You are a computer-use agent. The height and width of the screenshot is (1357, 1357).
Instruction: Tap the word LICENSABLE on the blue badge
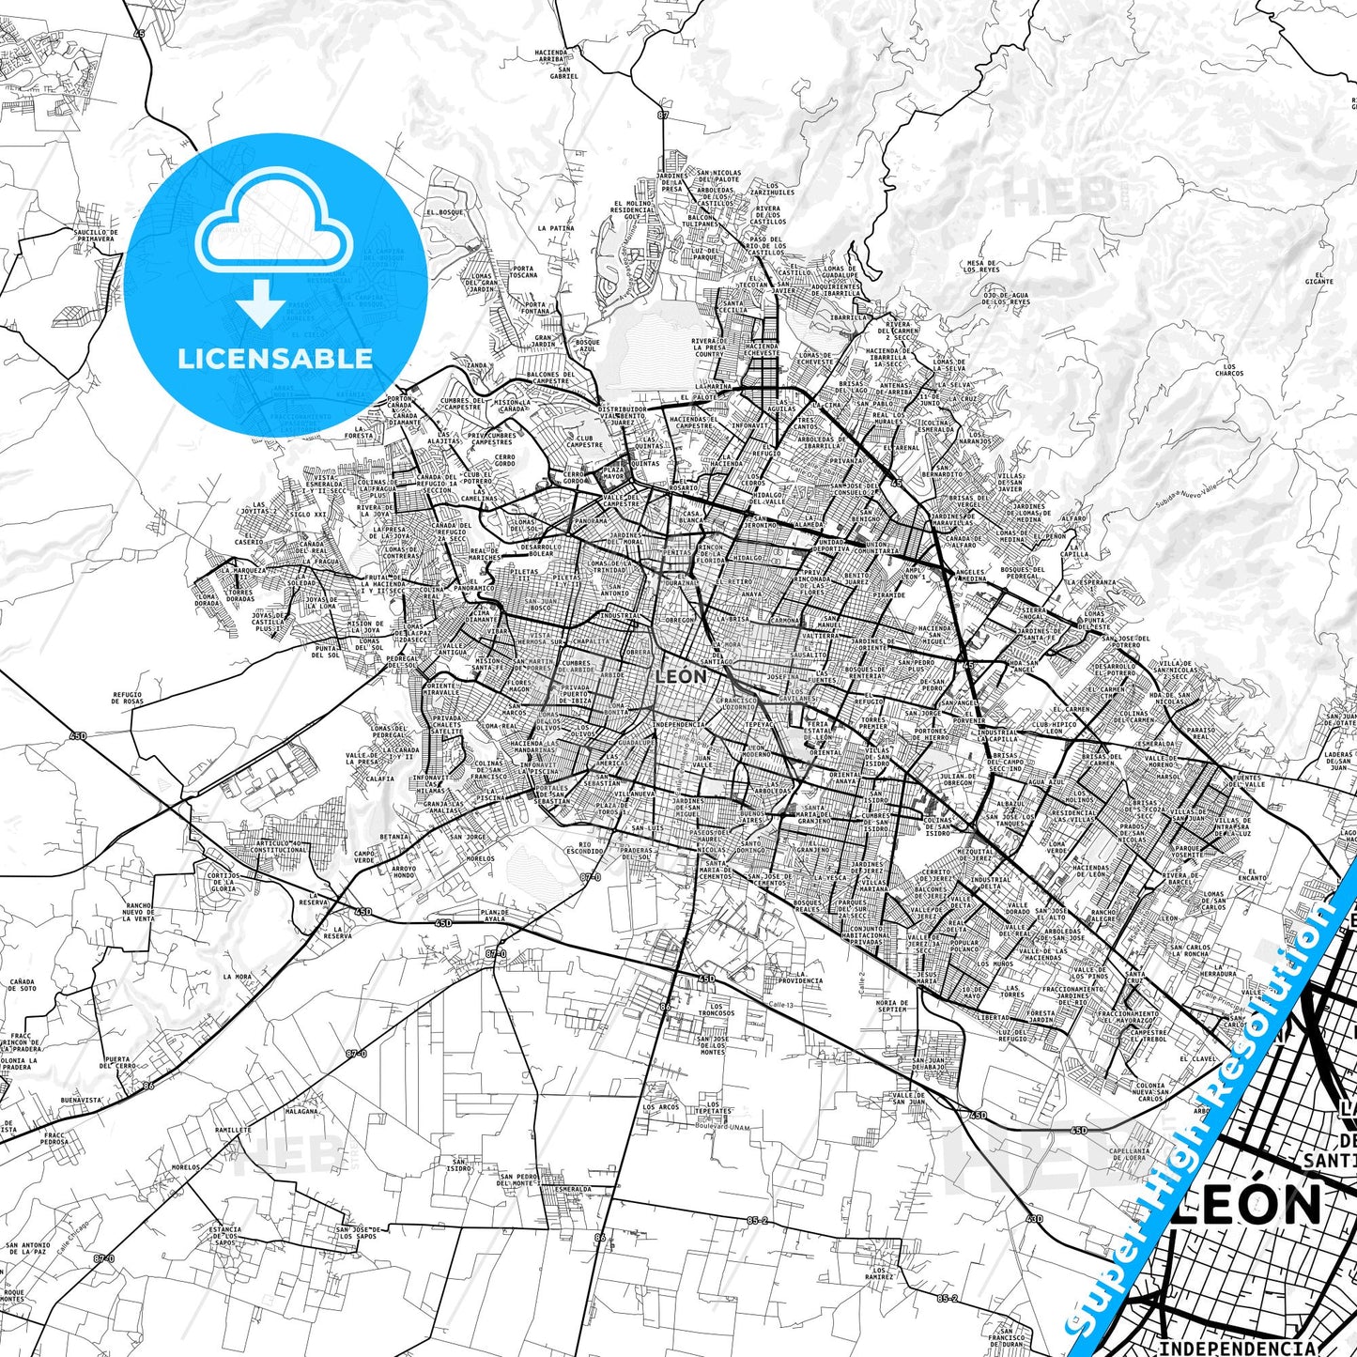point(275,358)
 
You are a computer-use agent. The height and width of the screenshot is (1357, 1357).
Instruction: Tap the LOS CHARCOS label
point(1229,370)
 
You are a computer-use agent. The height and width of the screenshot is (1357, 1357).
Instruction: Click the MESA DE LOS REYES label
point(979,266)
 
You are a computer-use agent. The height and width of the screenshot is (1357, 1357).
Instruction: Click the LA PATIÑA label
point(555,228)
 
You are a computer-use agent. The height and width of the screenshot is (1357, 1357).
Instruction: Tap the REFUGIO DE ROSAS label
point(128,698)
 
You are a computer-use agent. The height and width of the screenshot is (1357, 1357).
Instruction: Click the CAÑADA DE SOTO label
point(23,985)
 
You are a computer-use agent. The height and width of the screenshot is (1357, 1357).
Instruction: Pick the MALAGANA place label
point(301,1110)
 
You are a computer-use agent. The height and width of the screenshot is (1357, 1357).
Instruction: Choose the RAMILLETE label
point(233,1130)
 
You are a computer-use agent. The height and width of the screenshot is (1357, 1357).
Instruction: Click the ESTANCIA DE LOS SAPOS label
point(225,1235)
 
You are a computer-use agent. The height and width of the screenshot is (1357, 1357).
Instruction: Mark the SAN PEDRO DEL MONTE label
point(517,1180)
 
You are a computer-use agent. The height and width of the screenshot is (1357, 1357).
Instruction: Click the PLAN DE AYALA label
point(494,916)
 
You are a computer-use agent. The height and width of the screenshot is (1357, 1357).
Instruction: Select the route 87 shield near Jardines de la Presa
point(663,115)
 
